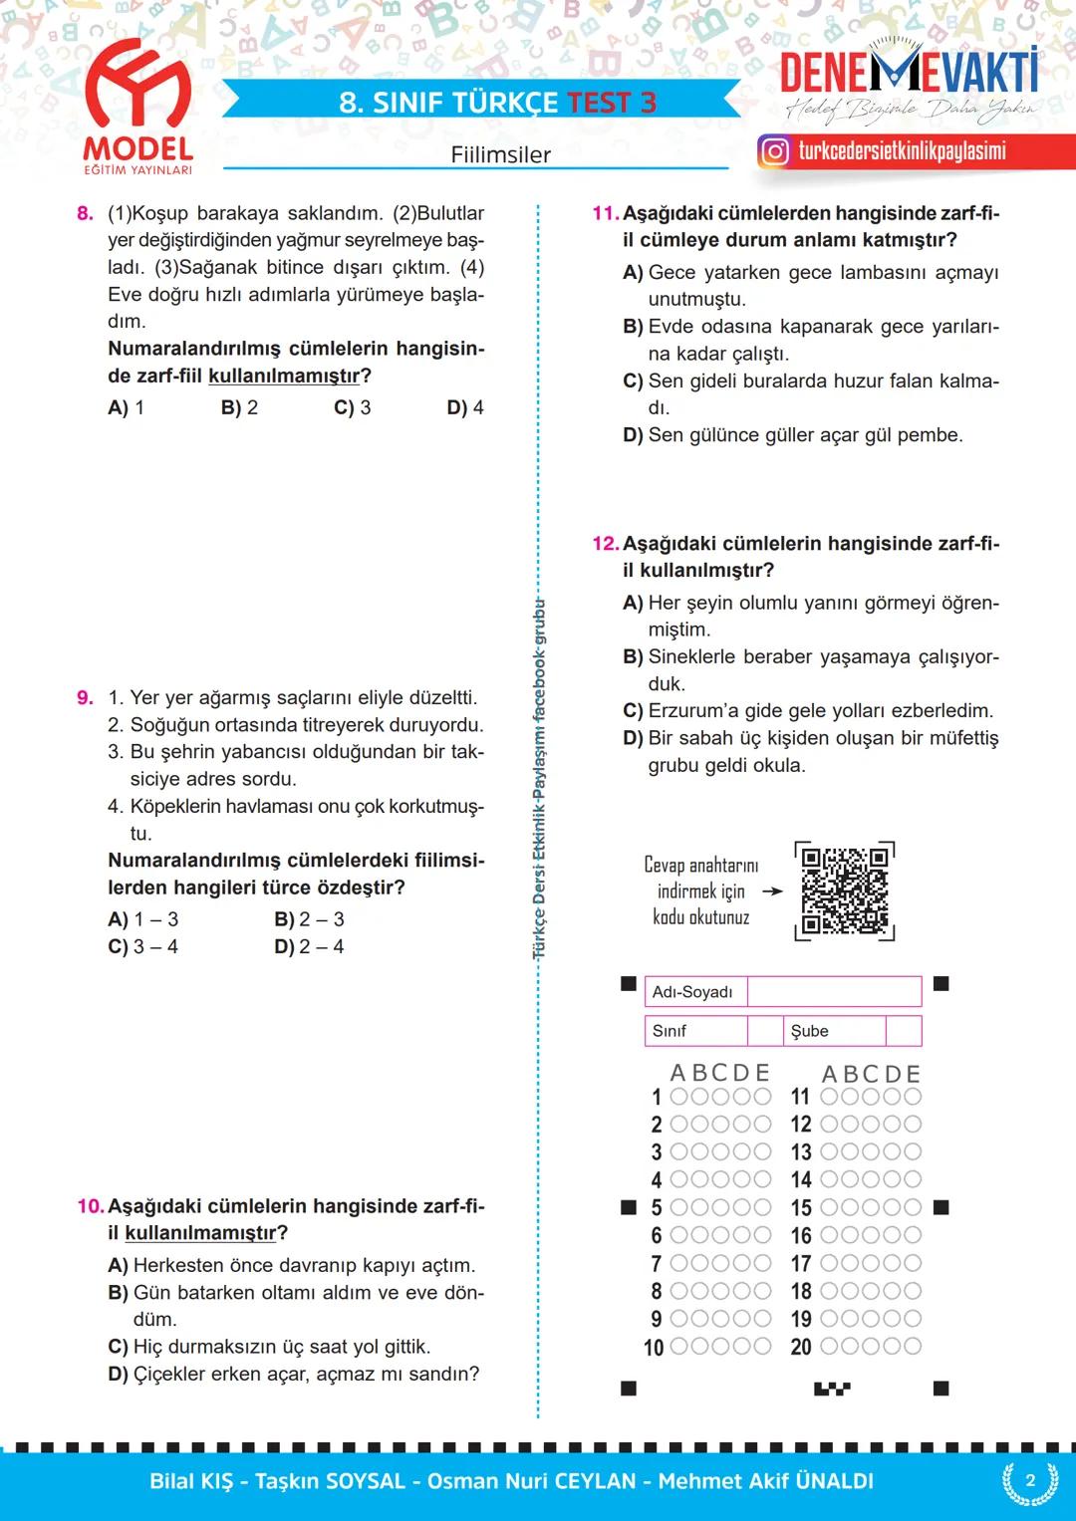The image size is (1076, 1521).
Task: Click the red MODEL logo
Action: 137,110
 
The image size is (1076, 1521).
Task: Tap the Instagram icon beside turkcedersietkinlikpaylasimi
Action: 774,151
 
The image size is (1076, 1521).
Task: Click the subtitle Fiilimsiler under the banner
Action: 500,154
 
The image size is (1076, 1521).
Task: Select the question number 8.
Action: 85,213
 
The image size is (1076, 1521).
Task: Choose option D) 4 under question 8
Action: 465,407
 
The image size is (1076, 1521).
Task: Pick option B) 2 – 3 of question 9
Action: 309,919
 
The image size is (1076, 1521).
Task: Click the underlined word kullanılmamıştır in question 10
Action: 200,1233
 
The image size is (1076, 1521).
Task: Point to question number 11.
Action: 605,213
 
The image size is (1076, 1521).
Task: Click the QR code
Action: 845,890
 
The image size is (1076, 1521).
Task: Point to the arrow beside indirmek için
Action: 772,891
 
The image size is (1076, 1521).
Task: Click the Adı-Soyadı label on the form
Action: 692,992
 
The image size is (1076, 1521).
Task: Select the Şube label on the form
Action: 809,1031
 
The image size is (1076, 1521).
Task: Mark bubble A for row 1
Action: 679,1097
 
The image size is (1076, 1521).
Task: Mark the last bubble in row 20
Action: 912,1347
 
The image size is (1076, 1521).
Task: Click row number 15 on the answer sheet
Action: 801,1208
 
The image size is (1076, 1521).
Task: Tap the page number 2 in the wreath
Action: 1030,1481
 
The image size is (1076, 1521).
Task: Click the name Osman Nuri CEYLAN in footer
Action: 531,1481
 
